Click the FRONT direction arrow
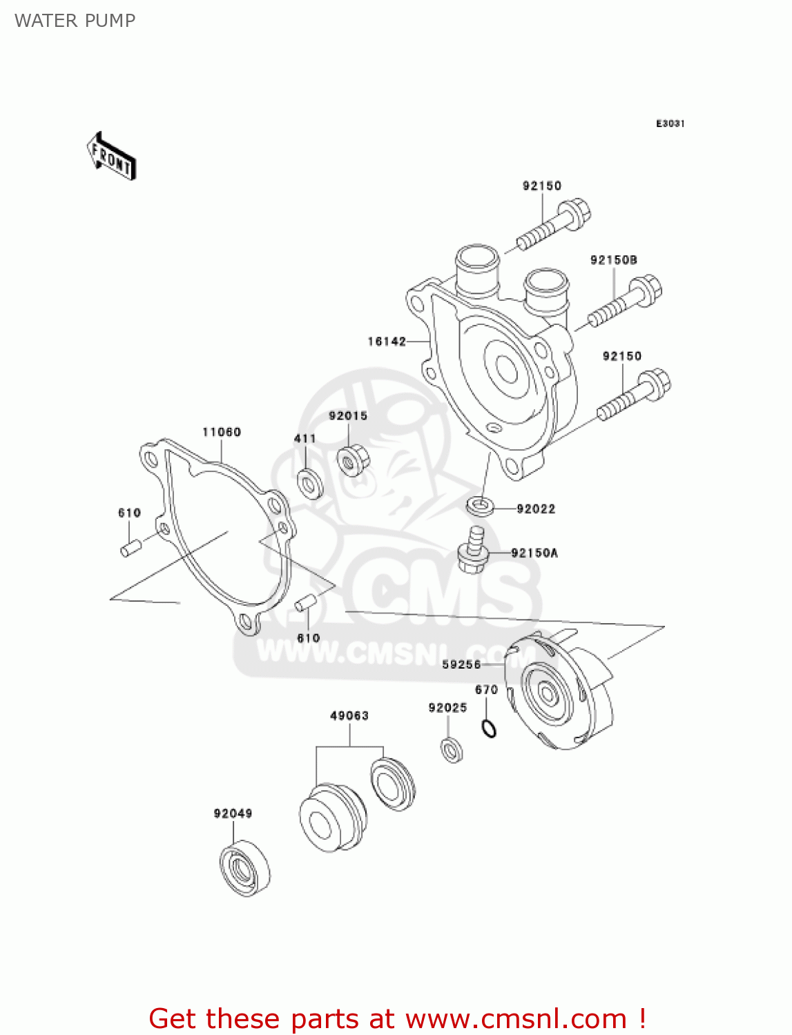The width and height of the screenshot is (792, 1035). point(110,157)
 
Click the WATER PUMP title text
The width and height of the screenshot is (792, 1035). point(75,21)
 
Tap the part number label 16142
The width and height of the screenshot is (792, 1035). point(387,342)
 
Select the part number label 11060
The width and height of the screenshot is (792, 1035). point(222,432)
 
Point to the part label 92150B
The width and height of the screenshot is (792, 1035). point(613,260)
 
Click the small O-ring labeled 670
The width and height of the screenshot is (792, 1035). point(488,728)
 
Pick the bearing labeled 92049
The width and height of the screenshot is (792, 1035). point(244,869)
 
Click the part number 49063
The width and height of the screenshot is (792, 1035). point(349,716)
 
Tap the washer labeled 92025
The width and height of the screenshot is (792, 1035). point(452,749)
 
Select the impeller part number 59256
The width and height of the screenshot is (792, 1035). point(461,664)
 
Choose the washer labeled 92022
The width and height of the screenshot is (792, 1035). point(480,506)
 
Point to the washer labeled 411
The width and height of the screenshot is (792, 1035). point(309,482)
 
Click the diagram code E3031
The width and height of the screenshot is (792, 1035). point(670,124)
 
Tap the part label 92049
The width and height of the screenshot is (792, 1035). point(233,814)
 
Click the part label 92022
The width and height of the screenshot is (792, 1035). point(536,509)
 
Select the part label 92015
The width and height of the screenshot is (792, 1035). point(348,415)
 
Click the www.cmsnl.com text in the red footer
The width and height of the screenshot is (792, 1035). point(515,1019)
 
